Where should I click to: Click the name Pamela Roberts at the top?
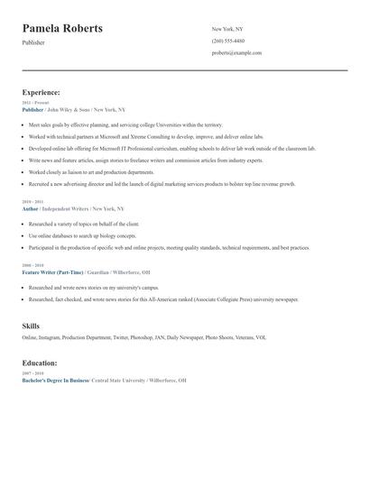[62, 29]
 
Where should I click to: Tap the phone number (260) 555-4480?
[227, 41]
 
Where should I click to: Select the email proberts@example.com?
[236, 53]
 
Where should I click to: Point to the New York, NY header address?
[227, 29]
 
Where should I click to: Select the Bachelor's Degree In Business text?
[56, 381]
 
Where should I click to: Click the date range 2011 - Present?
[35, 102]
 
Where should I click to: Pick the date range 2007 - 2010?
[32, 373]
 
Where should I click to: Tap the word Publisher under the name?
[33, 42]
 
